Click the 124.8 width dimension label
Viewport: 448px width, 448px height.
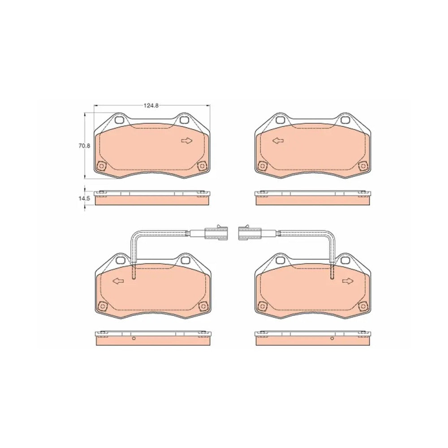click(x=151, y=105)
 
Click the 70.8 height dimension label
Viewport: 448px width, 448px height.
click(x=84, y=146)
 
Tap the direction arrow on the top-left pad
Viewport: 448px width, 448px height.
click(x=187, y=141)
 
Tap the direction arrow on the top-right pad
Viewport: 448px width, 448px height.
click(x=278, y=141)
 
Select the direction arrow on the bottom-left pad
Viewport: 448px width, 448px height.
click(x=118, y=281)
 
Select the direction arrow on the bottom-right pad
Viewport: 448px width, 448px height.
click(x=348, y=281)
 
